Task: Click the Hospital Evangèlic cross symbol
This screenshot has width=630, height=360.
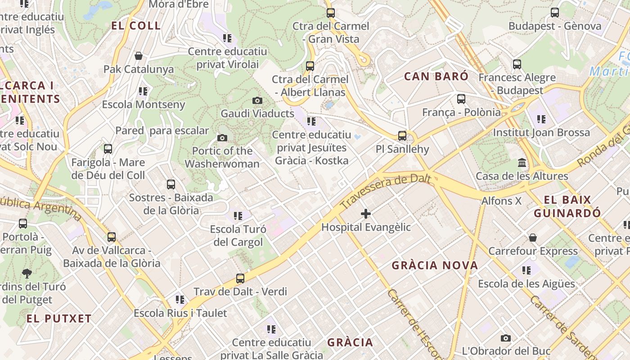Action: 366,214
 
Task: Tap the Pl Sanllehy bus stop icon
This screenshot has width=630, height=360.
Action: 402,135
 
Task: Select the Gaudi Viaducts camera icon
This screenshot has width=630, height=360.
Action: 257,100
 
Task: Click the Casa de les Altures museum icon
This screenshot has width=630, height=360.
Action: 522,162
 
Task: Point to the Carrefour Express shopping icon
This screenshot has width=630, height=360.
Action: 533,237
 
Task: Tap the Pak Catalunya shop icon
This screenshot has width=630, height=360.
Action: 139,56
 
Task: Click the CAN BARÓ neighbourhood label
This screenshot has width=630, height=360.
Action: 436,76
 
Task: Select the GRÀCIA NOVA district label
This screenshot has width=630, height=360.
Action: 435,265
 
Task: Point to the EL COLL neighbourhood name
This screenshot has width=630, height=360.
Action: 136,26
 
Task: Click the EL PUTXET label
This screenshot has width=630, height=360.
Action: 59,319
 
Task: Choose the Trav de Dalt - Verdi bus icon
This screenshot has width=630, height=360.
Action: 240,279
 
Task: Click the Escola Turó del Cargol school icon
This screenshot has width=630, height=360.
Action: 238,216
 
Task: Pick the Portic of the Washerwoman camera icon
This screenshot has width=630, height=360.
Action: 222,138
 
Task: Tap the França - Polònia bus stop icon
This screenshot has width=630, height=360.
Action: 461,99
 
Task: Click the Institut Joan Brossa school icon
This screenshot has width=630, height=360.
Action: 541,119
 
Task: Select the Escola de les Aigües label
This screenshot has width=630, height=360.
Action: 526,284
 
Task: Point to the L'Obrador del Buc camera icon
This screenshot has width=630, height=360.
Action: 506,338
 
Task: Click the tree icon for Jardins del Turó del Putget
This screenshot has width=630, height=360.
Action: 27,273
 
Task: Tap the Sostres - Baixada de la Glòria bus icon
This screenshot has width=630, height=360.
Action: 171,184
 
